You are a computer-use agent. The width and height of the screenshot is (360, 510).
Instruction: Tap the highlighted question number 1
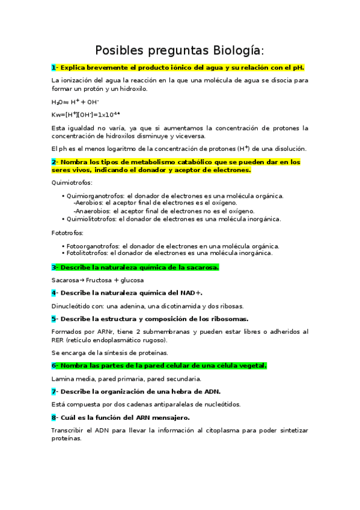[53, 68]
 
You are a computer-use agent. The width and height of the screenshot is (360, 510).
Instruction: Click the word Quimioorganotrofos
[95, 196]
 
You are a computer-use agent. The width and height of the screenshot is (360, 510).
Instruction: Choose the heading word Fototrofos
[67, 233]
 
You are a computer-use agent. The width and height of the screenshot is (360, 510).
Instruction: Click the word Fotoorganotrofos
[93, 246]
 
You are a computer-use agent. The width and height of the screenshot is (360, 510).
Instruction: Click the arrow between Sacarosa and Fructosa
[83, 280]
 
